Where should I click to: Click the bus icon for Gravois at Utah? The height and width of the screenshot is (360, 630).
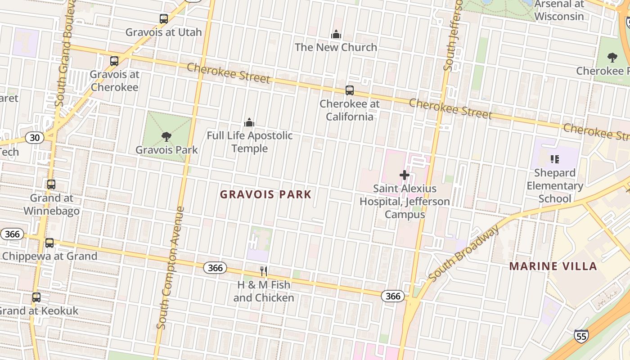[164, 19]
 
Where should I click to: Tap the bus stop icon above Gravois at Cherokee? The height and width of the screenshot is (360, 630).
[114, 61]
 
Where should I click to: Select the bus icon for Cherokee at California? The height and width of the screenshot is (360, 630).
[350, 90]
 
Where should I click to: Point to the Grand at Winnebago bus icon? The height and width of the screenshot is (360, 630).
[51, 184]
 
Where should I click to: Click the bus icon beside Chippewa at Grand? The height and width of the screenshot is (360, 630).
[49, 243]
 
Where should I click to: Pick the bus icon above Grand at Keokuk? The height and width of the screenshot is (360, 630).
[36, 297]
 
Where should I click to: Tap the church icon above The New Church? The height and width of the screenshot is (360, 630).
[336, 34]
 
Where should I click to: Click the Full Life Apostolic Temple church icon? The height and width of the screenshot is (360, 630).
[249, 122]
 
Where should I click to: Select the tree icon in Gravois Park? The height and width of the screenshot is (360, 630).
[166, 136]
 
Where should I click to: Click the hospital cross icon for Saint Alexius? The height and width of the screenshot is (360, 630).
[404, 175]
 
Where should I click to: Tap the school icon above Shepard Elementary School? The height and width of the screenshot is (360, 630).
[555, 159]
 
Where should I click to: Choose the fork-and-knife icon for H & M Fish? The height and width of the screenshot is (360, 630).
[264, 271]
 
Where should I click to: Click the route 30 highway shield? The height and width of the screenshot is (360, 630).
[35, 138]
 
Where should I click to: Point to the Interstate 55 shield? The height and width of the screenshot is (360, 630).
[581, 336]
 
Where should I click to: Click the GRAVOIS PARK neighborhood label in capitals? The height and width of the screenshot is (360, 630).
[265, 194]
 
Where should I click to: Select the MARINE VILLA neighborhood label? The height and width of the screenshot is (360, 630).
[553, 266]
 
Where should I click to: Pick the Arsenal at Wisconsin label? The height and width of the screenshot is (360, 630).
[559, 10]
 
